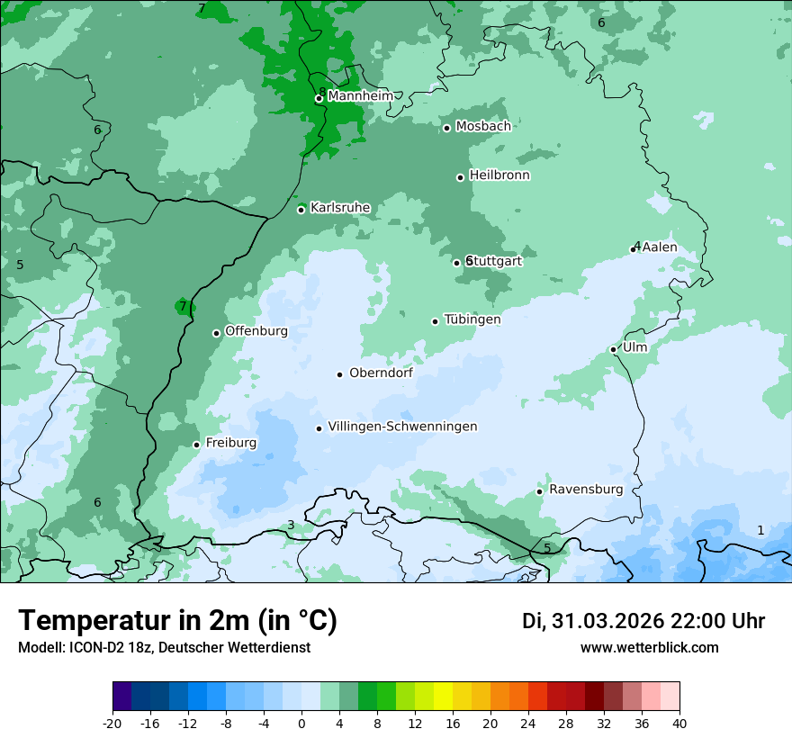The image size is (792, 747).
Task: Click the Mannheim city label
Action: (x=360, y=95)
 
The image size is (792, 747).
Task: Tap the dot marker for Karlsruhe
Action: (x=301, y=210)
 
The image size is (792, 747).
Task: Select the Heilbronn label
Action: (x=499, y=175)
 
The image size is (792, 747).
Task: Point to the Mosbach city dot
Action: (x=446, y=128)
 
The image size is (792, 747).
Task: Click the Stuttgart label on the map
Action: (x=495, y=261)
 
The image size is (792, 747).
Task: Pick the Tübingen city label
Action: (x=472, y=319)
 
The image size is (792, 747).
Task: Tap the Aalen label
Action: (x=660, y=247)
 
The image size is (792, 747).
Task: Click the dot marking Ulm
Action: (x=614, y=349)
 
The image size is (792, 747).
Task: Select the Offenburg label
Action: (x=256, y=330)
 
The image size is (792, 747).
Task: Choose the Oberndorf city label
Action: (x=381, y=373)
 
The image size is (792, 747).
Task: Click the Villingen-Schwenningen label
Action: (x=402, y=427)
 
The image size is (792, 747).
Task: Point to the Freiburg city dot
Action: (x=196, y=445)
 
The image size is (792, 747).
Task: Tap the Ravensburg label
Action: (x=586, y=490)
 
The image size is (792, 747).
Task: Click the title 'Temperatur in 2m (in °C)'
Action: (x=177, y=620)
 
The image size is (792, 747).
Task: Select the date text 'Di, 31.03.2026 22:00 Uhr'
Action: (x=643, y=621)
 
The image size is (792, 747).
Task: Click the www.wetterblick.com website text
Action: (x=649, y=647)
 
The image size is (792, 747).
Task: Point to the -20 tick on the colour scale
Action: (x=112, y=723)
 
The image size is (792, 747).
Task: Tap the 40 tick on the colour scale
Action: (x=679, y=723)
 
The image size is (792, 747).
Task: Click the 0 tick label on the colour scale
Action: (x=301, y=723)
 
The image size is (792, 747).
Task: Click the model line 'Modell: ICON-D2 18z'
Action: (x=164, y=647)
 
